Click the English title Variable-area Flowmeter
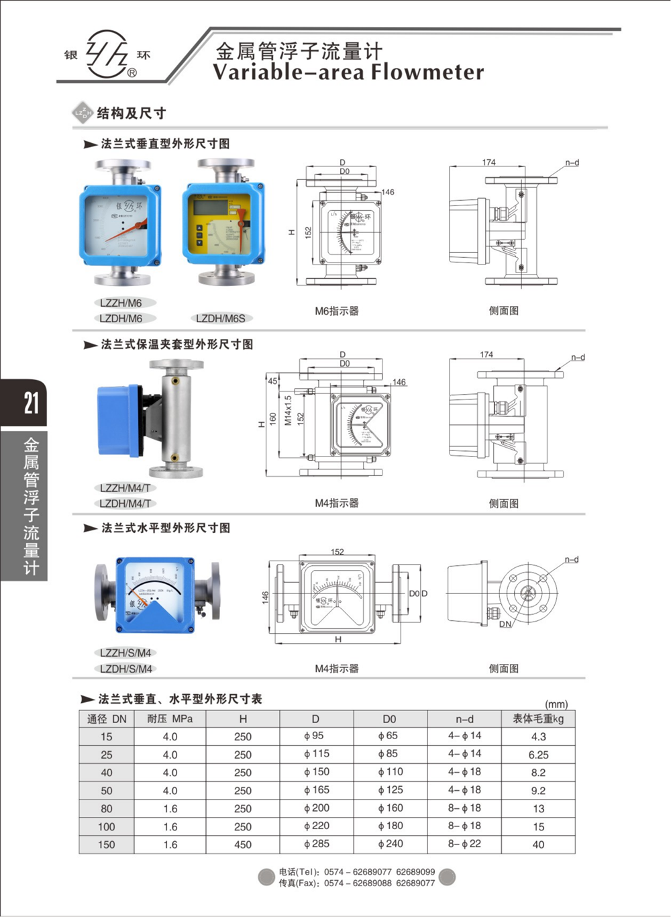(x=348, y=72)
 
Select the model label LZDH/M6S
(x=221, y=318)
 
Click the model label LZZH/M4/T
(x=125, y=488)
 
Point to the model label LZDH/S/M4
(x=125, y=669)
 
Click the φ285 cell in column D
(x=316, y=844)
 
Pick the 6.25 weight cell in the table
(x=538, y=755)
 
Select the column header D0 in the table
(x=389, y=718)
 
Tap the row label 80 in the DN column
(x=107, y=809)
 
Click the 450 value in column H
(x=243, y=844)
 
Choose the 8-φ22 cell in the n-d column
(x=464, y=844)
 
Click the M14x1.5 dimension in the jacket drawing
(x=288, y=410)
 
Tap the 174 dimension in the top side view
(x=488, y=162)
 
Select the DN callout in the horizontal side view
(x=505, y=624)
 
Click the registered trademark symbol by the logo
(x=132, y=73)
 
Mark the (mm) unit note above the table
(x=556, y=704)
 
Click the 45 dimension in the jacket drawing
(x=272, y=381)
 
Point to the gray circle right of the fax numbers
(x=447, y=877)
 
